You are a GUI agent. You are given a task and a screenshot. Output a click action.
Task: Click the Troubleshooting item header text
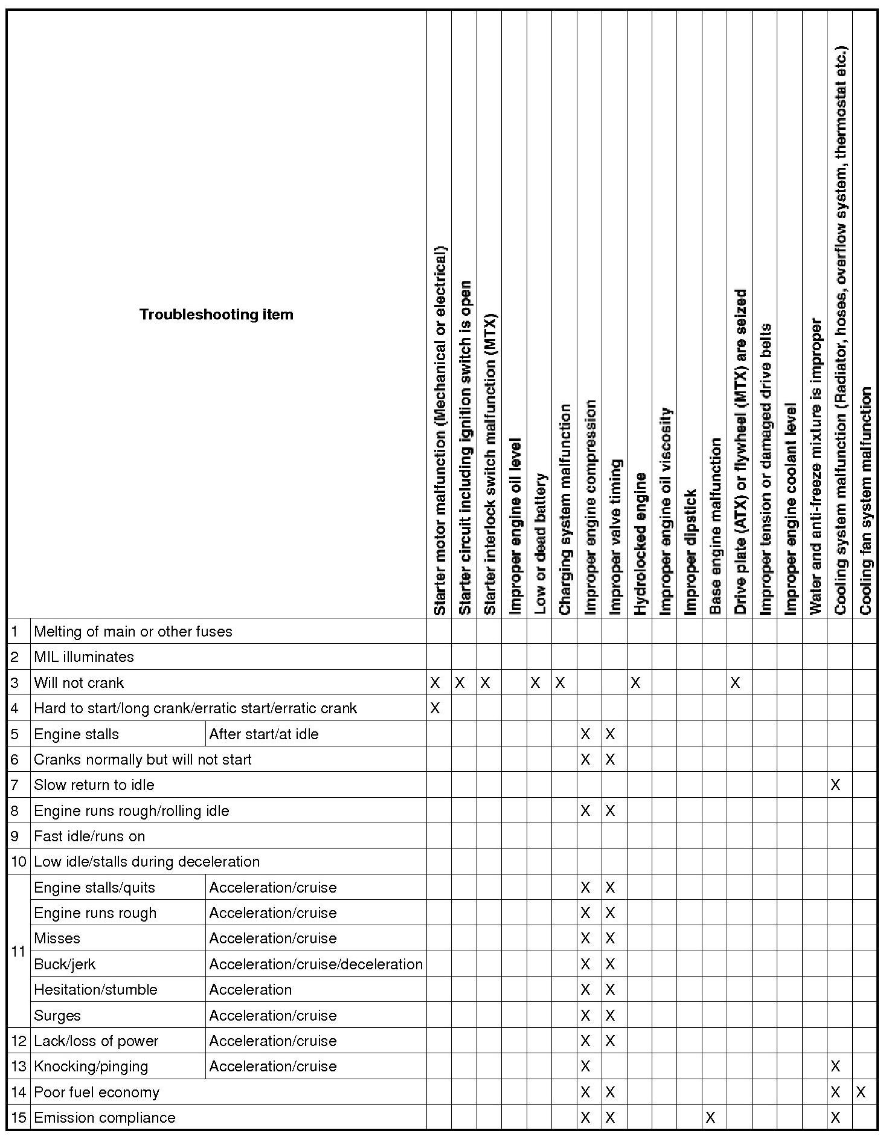point(216,315)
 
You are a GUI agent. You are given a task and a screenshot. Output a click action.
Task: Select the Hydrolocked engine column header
point(640,544)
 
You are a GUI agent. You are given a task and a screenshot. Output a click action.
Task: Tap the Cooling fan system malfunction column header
point(865,501)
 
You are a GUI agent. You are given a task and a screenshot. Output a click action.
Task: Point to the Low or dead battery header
point(541,544)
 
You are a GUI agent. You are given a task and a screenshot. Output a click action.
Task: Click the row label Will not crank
point(79,683)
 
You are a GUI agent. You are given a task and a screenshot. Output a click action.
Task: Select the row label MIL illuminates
point(84,657)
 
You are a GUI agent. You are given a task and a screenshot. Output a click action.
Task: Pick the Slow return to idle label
point(94,785)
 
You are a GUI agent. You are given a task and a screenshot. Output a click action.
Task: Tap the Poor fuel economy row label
point(97,1092)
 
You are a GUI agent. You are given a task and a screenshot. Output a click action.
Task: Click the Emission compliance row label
point(104,1118)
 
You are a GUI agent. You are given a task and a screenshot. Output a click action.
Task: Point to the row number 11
point(18,952)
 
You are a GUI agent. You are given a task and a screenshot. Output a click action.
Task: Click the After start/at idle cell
point(264,734)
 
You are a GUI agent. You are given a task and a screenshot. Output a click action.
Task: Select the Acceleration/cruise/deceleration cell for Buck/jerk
point(316,964)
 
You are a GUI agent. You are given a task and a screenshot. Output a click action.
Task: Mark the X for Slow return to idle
point(835,785)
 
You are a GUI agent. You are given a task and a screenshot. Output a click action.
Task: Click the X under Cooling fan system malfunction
point(861,1092)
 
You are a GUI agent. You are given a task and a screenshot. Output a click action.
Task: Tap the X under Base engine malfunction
point(710,1118)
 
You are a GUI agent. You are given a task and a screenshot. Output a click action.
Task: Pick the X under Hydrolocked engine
point(635,683)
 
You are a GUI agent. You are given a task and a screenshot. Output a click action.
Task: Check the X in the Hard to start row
point(435,708)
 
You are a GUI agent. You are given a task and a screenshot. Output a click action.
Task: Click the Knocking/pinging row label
point(91,1067)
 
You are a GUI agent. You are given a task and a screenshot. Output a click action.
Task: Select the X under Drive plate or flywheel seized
point(735,683)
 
